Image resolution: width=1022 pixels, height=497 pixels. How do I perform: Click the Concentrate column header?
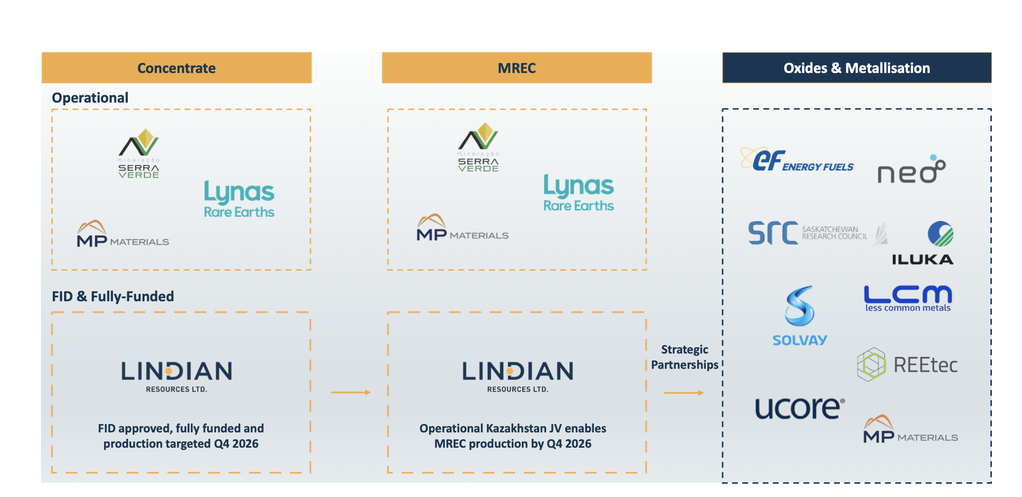[177, 68]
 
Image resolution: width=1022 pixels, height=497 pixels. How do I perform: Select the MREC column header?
[517, 68]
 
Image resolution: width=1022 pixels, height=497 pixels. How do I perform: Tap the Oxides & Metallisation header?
[857, 68]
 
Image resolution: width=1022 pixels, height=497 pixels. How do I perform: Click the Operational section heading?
[90, 98]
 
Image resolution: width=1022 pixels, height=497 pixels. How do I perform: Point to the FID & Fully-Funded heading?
[113, 296]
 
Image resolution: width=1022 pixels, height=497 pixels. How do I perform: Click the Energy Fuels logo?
[797, 160]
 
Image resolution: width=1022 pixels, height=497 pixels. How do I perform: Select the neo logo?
[912, 169]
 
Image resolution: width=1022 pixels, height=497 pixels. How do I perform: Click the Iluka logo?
[923, 243]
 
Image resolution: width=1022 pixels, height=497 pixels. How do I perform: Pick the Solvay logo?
[800, 316]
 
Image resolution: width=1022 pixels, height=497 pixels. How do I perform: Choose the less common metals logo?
[908, 298]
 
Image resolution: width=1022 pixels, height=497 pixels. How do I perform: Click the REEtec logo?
[908, 365]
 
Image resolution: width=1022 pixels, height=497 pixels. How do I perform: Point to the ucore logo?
[800, 408]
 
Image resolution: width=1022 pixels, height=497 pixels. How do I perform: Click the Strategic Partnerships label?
[685, 357]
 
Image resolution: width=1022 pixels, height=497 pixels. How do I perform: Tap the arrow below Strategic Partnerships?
[684, 393]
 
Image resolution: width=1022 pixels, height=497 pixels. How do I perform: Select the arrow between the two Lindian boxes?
[351, 392]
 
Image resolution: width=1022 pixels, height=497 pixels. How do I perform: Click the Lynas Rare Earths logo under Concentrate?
[239, 199]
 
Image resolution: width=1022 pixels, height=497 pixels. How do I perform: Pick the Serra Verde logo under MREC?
[478, 147]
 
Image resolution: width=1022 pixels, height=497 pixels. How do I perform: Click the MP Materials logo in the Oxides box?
[911, 429]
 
